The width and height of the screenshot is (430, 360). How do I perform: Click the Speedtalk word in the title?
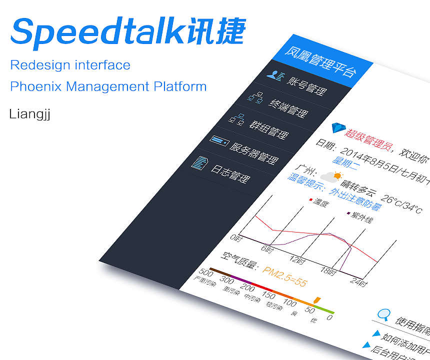95,32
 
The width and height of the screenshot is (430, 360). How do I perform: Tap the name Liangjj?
29,114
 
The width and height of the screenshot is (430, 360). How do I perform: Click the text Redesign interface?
70,65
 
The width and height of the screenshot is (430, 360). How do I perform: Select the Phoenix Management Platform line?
108,86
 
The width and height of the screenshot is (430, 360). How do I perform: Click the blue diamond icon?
337,128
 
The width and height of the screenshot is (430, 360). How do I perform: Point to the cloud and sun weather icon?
331,176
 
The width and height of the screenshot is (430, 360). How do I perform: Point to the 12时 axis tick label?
297,260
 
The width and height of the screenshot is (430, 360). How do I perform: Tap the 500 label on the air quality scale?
206,272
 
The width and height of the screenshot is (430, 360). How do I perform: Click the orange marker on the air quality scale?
316,299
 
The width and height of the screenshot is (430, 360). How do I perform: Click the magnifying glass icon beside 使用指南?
383,314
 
